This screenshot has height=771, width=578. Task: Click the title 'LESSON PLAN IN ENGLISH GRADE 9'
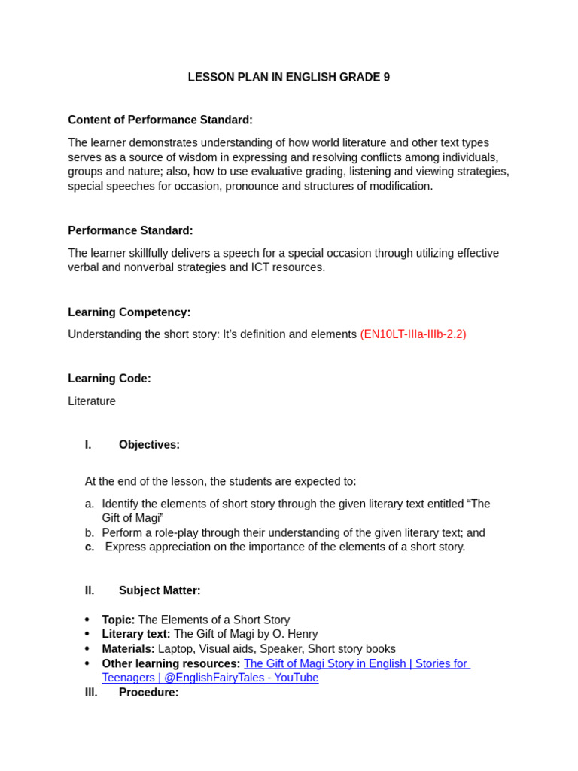pos(288,77)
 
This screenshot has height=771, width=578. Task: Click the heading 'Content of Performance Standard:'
pos(160,120)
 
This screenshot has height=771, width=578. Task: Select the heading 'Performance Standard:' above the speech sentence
pos(130,230)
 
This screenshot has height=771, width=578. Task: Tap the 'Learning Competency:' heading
pos(129,312)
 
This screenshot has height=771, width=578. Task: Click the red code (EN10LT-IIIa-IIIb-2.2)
pos(412,334)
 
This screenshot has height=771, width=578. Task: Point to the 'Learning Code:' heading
pos(109,378)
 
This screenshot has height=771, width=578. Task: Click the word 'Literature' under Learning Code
pos(92,401)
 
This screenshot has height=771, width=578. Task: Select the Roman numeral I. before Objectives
pos(88,444)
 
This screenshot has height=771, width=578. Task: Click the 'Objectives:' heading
pos(149,444)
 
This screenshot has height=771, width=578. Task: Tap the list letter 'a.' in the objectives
pos(90,503)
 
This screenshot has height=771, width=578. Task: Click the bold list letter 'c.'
pos(90,547)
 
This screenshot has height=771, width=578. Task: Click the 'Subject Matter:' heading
pos(160,590)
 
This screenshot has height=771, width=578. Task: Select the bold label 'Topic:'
pos(118,620)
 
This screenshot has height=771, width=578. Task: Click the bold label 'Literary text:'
pos(136,634)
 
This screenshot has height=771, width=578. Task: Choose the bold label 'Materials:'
pos(128,648)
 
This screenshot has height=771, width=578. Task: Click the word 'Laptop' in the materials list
pos(175,648)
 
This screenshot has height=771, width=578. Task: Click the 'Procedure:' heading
pos(148,692)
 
